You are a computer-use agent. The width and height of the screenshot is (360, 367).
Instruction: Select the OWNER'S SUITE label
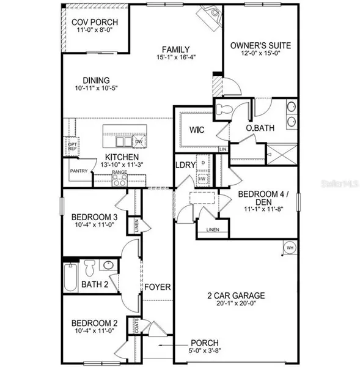260,46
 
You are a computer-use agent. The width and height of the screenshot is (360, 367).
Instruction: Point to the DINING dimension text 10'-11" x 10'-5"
93,90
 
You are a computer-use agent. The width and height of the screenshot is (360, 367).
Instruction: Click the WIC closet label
196,130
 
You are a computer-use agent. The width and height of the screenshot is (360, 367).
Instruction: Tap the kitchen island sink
124,141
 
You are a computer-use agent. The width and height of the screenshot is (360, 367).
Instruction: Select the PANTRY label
79,171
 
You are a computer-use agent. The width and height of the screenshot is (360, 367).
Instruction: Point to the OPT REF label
72,147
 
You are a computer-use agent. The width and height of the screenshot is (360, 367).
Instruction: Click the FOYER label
157,287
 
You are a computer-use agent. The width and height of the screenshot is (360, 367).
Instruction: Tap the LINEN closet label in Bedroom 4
213,230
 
